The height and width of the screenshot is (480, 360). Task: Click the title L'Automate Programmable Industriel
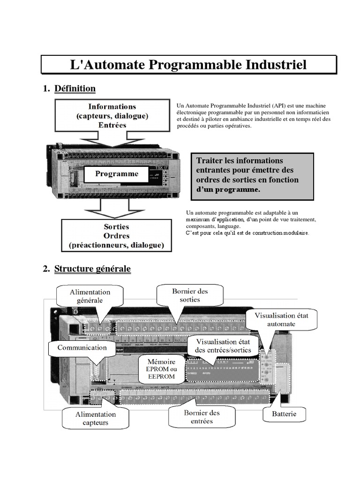[x=188, y=64]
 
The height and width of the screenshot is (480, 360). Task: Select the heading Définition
[x=75, y=89]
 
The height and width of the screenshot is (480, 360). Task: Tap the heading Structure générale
[x=92, y=269]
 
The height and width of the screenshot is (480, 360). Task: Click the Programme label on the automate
[x=117, y=174]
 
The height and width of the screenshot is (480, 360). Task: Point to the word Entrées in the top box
[x=112, y=125]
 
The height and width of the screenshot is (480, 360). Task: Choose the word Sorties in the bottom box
[x=116, y=227]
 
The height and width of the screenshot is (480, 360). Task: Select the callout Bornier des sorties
[x=189, y=295]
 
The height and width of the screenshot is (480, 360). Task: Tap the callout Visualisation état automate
[x=281, y=320]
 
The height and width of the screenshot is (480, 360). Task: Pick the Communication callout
[x=82, y=348]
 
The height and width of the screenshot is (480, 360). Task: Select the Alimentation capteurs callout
[x=96, y=418]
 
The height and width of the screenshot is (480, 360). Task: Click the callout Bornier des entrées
[x=202, y=417]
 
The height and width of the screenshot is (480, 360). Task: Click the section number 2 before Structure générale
[x=45, y=269]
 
